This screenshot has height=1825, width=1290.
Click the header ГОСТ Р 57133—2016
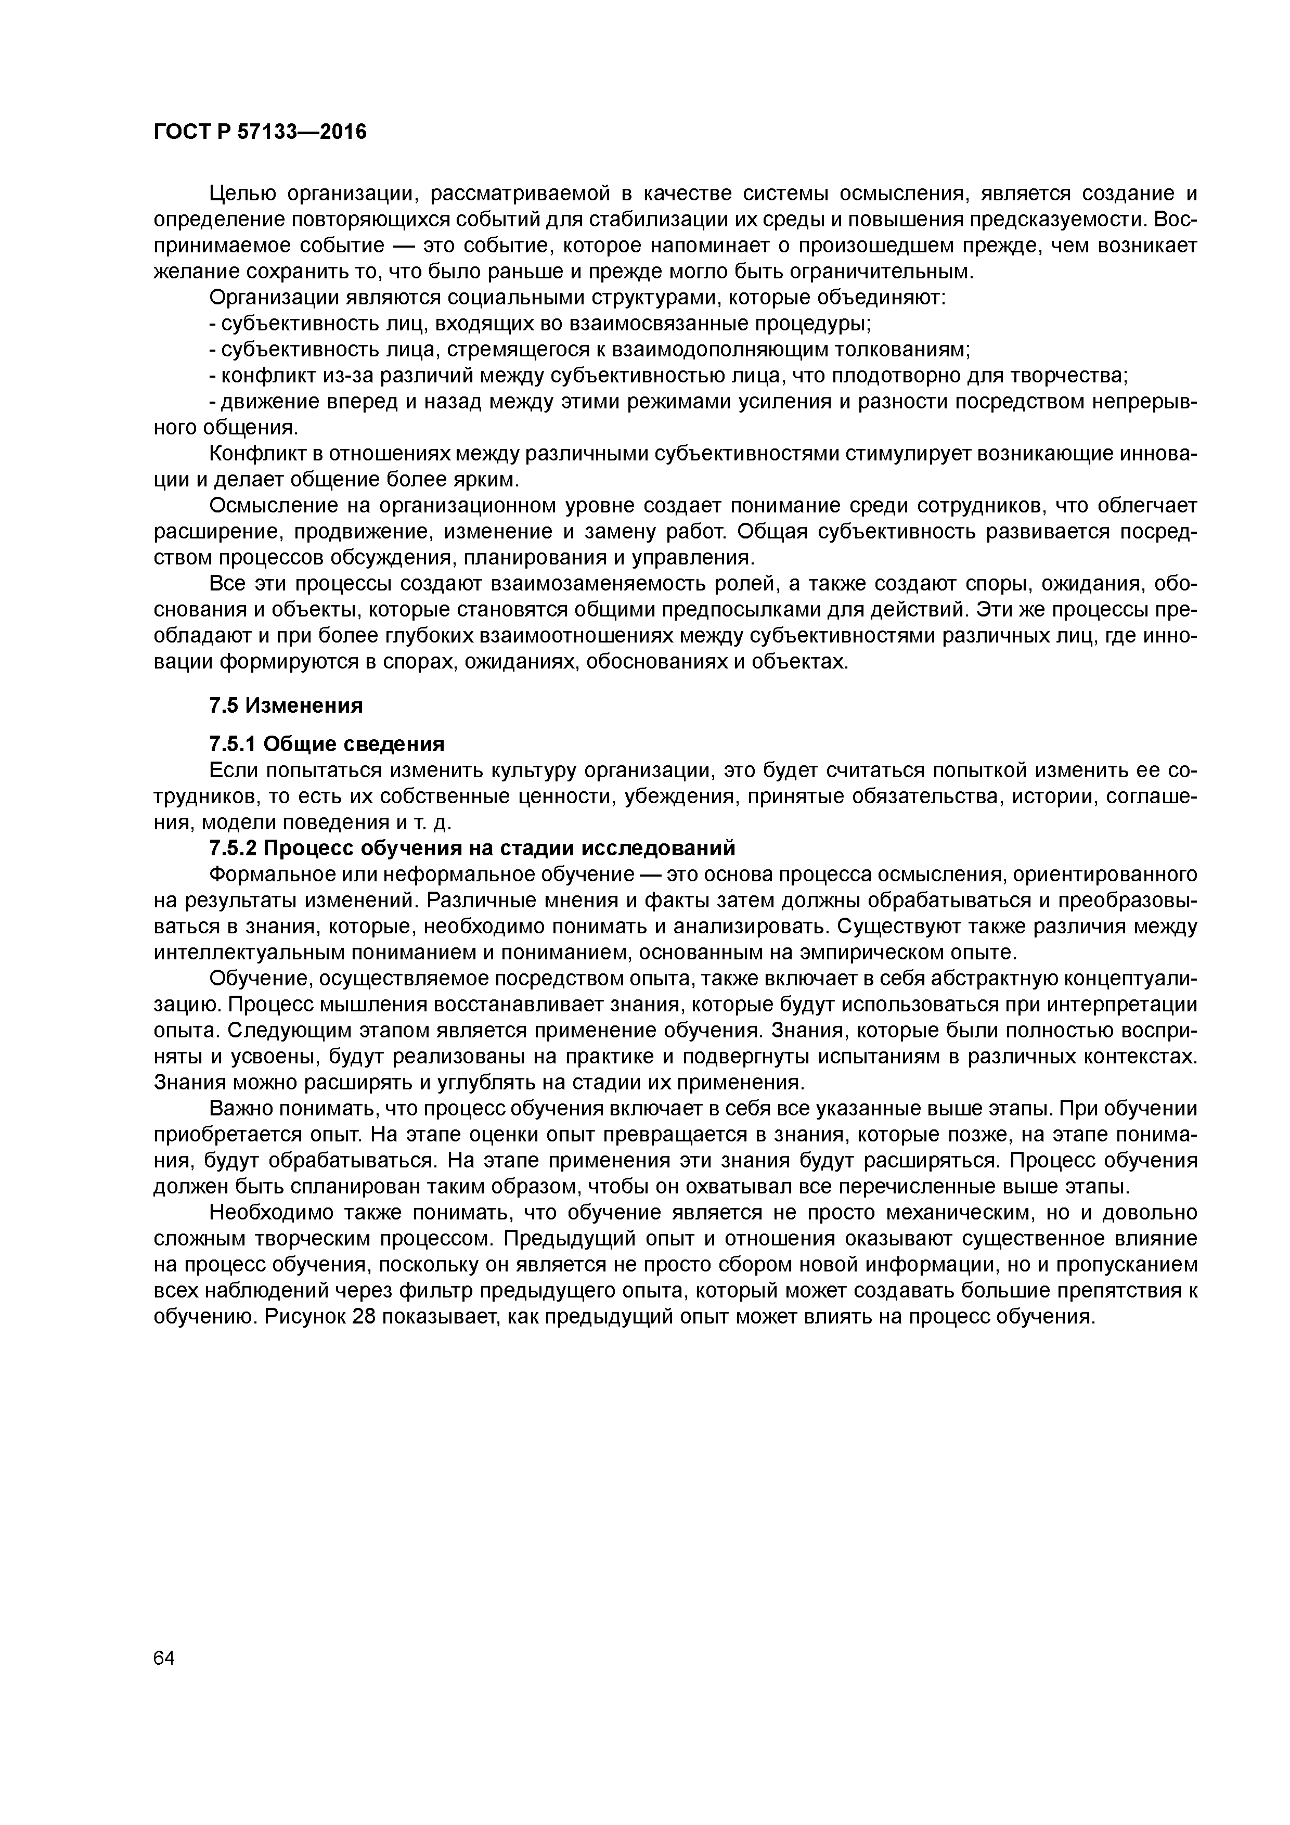click(x=260, y=132)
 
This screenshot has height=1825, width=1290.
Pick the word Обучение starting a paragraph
click(x=253, y=978)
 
